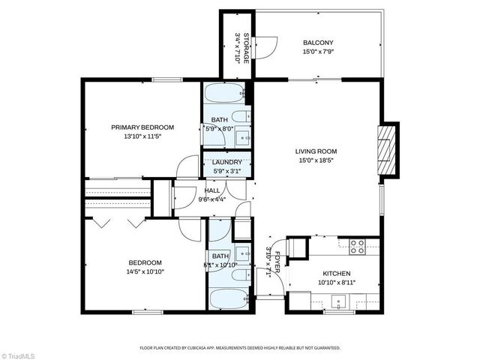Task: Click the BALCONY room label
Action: (x=319, y=43)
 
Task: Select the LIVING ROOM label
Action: (x=316, y=151)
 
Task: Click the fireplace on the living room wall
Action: (x=385, y=149)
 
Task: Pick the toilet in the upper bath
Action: (x=241, y=116)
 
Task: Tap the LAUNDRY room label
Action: (x=226, y=163)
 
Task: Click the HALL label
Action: (x=212, y=190)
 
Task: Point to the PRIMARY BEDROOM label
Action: (x=142, y=127)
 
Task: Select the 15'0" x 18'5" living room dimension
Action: (x=316, y=160)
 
